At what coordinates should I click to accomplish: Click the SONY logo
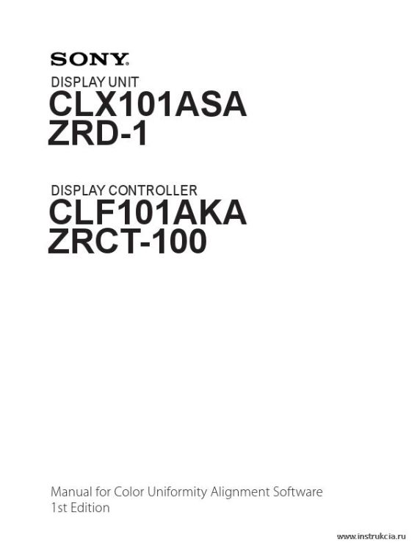(90, 60)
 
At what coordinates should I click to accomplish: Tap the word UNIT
(123, 82)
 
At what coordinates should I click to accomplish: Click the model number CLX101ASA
(148, 104)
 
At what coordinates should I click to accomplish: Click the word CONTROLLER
(153, 190)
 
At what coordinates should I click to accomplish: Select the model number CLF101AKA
(148, 212)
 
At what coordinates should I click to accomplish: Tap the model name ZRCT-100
(127, 241)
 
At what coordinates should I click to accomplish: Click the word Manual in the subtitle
(72, 492)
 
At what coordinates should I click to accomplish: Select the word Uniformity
(177, 493)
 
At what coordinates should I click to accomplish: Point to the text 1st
(59, 508)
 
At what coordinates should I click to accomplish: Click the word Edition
(90, 508)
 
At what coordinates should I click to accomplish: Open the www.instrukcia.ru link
(372, 536)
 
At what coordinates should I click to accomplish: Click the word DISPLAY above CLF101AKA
(79, 190)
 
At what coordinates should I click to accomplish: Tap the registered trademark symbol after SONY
(127, 65)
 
